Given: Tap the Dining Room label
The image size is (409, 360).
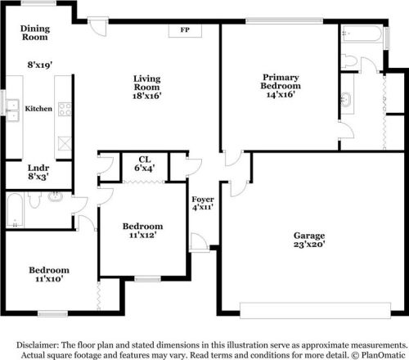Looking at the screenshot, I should [35, 32].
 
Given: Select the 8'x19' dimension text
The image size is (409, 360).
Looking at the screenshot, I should [38, 63].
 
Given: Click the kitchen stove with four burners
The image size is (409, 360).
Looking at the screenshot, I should [62, 107].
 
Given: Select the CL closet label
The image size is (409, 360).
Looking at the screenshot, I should [143, 159].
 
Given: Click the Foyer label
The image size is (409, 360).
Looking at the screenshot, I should [203, 200].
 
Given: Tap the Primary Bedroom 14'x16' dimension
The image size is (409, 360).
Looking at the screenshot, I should [280, 95].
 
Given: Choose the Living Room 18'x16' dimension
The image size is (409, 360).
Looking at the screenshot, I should [147, 95].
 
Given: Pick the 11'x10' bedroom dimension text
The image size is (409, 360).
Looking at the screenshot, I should [49, 279].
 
